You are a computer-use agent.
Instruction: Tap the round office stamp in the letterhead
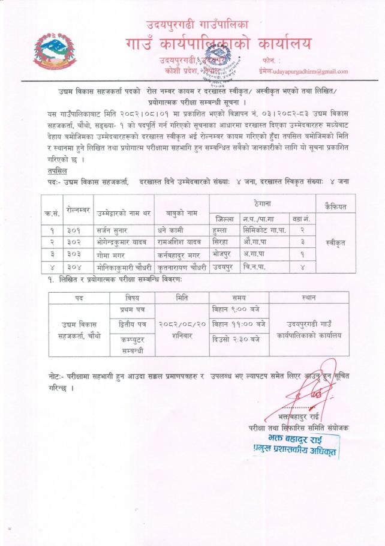217,67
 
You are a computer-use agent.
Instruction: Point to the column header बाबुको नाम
181,211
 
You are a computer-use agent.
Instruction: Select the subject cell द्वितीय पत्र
133,324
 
